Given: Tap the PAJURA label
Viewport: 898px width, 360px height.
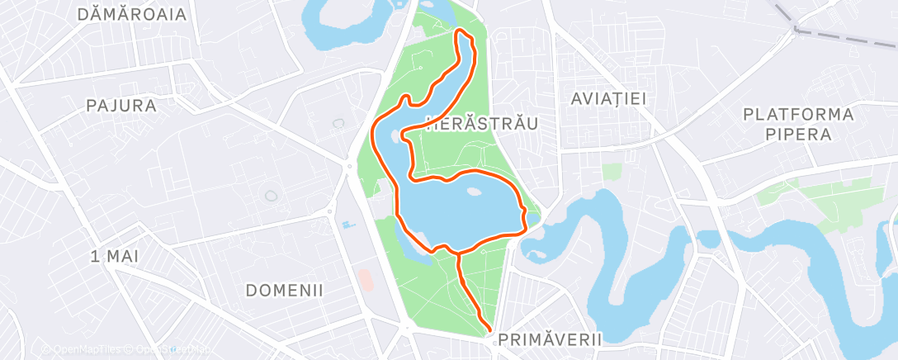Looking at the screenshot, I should pos(121,106).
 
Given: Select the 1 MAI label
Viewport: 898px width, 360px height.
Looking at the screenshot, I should pos(115,256).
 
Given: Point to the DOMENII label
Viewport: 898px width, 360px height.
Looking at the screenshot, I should pos(284,291).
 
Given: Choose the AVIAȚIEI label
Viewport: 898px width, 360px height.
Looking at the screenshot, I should pos(608,98).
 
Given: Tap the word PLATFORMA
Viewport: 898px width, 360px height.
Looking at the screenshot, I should pos(797,114).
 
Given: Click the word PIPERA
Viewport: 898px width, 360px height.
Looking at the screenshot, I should pos(797,135).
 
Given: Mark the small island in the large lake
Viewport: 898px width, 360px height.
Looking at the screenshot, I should pos(473,192).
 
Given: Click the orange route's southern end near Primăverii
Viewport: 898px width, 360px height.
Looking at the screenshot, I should pos(490,330).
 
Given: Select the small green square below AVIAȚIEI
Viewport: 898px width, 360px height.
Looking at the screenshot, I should pos(612,172).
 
